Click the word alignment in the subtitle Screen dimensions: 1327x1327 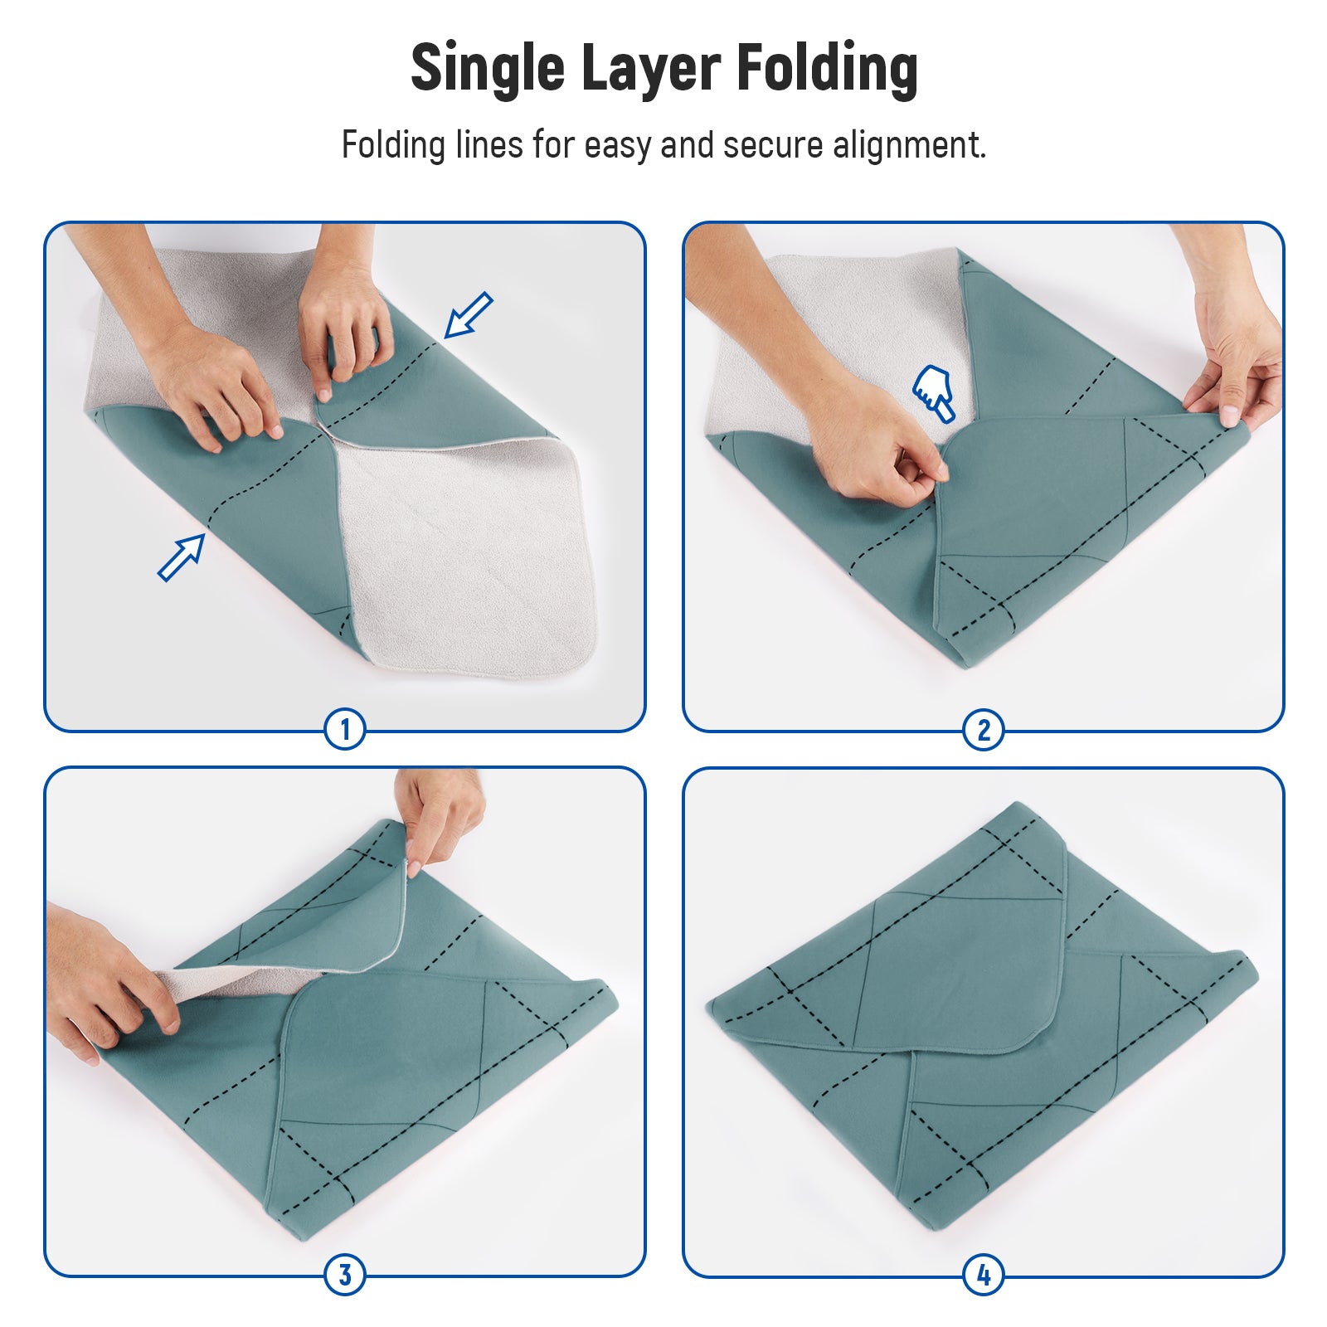point(910,145)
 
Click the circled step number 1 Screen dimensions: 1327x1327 point(345,730)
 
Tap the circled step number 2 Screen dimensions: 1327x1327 point(984,730)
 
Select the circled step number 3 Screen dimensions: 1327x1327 point(345,1275)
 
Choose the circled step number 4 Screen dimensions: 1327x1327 point(984,1275)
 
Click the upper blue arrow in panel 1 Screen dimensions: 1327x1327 point(469,315)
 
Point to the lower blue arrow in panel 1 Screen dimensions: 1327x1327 point(182,557)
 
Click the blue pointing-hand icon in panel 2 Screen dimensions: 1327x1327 point(934,392)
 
